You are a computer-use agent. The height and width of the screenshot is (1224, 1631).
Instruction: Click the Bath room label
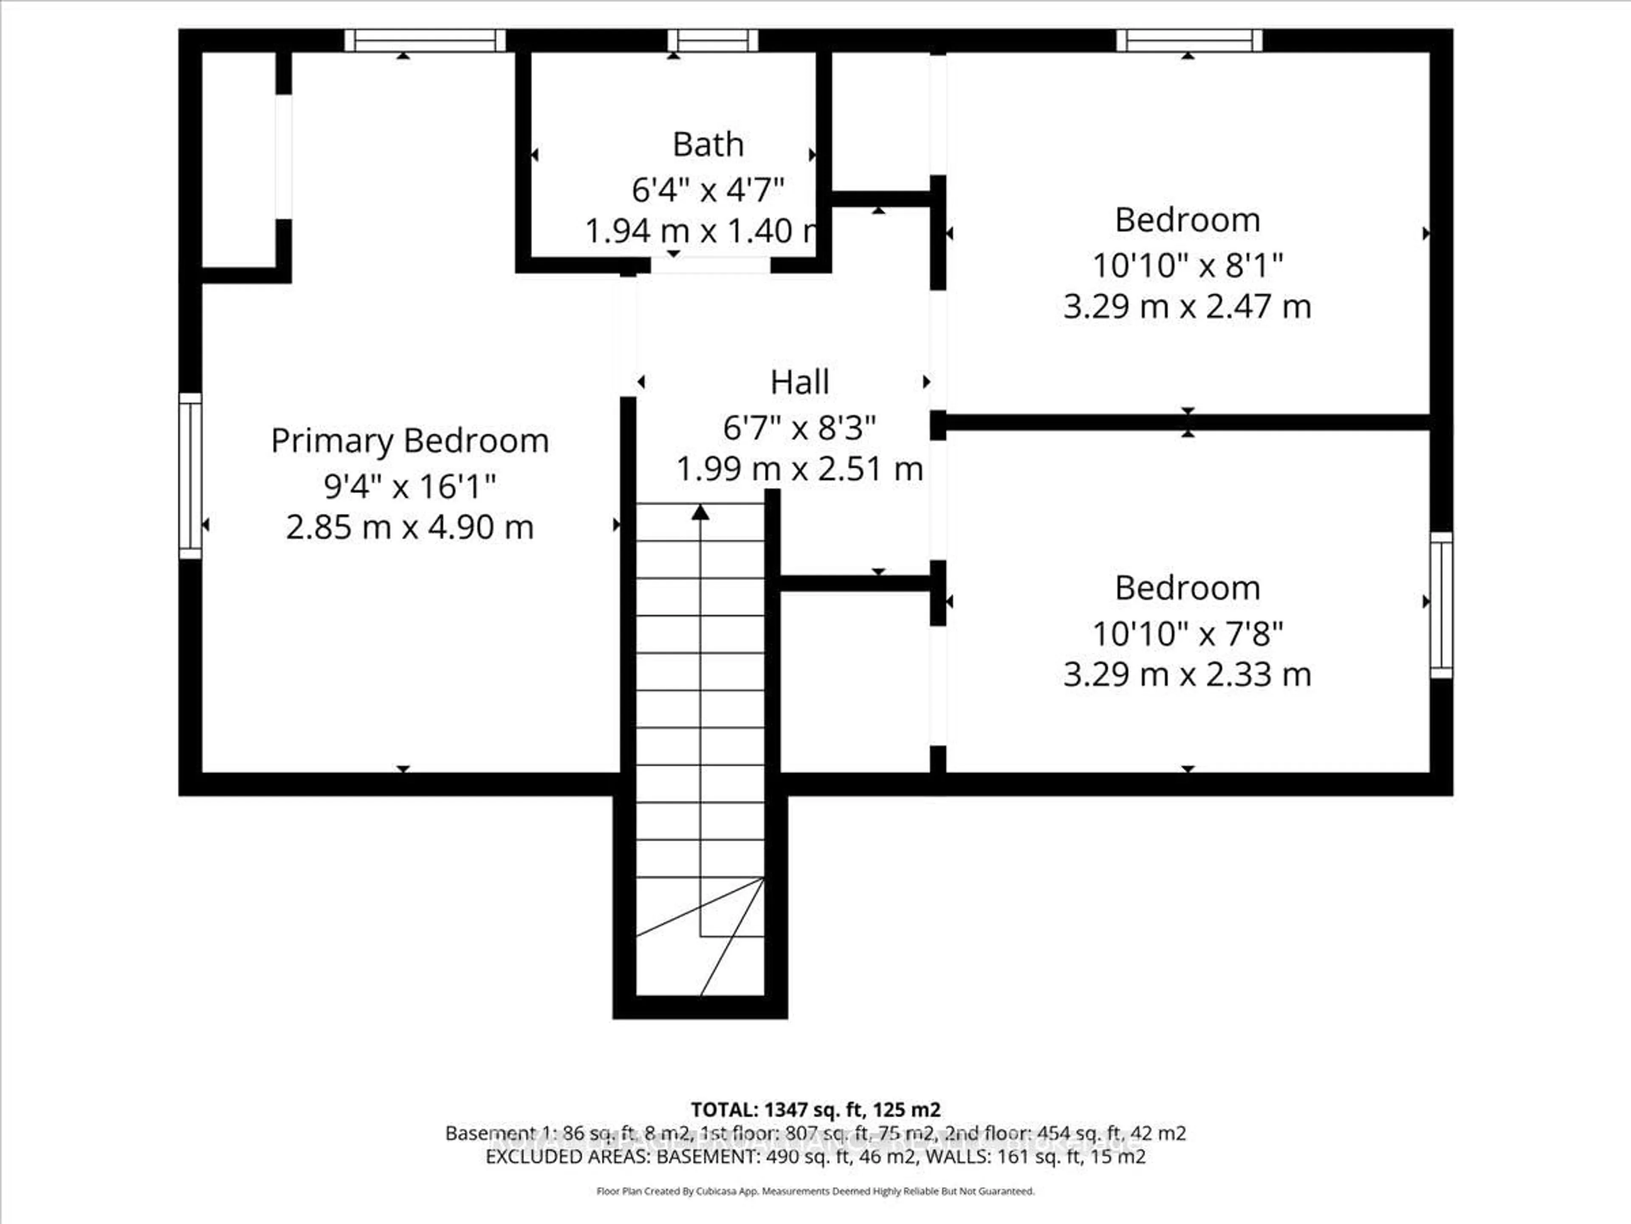[x=708, y=144]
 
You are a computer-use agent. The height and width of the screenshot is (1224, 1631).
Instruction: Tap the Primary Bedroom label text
[x=410, y=441]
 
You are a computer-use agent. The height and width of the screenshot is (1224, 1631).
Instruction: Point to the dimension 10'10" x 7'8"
[x=1187, y=633]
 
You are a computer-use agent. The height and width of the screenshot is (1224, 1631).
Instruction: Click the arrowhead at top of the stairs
[x=700, y=512]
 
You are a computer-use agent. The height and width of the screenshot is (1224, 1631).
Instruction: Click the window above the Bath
[x=713, y=40]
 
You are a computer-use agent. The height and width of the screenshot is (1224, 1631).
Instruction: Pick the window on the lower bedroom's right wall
[x=1442, y=605]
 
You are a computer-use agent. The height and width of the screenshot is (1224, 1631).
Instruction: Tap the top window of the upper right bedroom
[x=1188, y=40]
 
